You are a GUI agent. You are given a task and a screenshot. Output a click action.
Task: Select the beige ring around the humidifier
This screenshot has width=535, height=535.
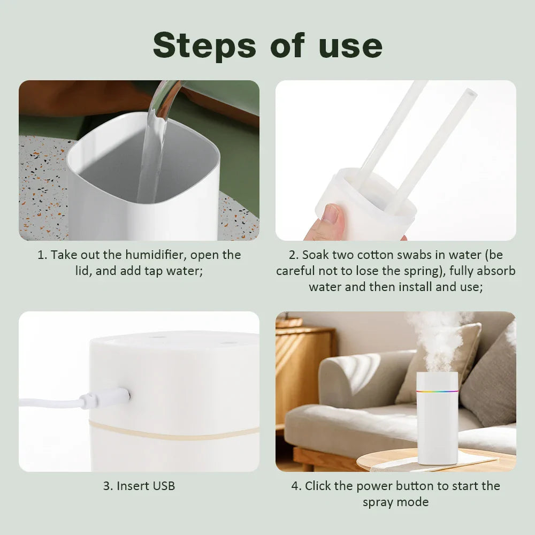coord(171,430)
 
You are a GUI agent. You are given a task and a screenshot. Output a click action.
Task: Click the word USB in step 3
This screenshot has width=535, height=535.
coord(163,486)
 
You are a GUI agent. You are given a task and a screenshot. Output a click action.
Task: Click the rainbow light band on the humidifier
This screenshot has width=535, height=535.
coord(437,391)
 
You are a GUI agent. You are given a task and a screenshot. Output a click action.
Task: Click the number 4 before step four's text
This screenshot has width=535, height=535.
coord(295,486)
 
